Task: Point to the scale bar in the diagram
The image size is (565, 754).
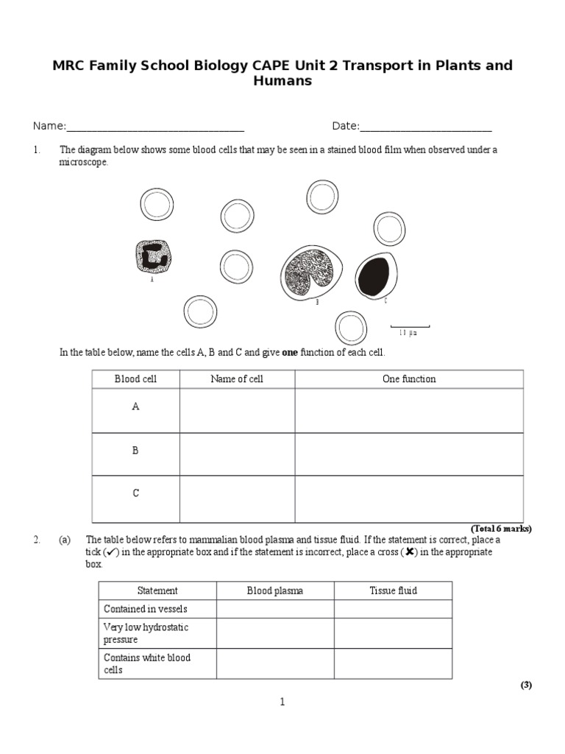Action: point(409,326)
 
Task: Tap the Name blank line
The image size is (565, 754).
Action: point(155,126)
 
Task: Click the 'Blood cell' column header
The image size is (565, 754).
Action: point(135,379)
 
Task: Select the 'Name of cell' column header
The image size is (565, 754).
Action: point(237,379)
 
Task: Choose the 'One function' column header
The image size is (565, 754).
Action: point(409,379)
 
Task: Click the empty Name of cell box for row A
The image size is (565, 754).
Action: point(237,410)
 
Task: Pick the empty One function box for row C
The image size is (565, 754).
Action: point(409,498)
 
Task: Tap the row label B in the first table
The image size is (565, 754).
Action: point(135,451)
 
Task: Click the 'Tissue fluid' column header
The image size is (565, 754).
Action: point(393,591)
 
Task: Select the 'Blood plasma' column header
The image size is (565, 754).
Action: point(274,591)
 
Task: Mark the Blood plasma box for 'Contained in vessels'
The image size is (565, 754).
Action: point(274,609)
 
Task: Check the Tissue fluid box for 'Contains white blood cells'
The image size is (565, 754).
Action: point(393,663)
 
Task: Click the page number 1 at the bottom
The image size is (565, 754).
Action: point(282,702)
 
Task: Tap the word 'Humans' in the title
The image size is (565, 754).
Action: point(282,81)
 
